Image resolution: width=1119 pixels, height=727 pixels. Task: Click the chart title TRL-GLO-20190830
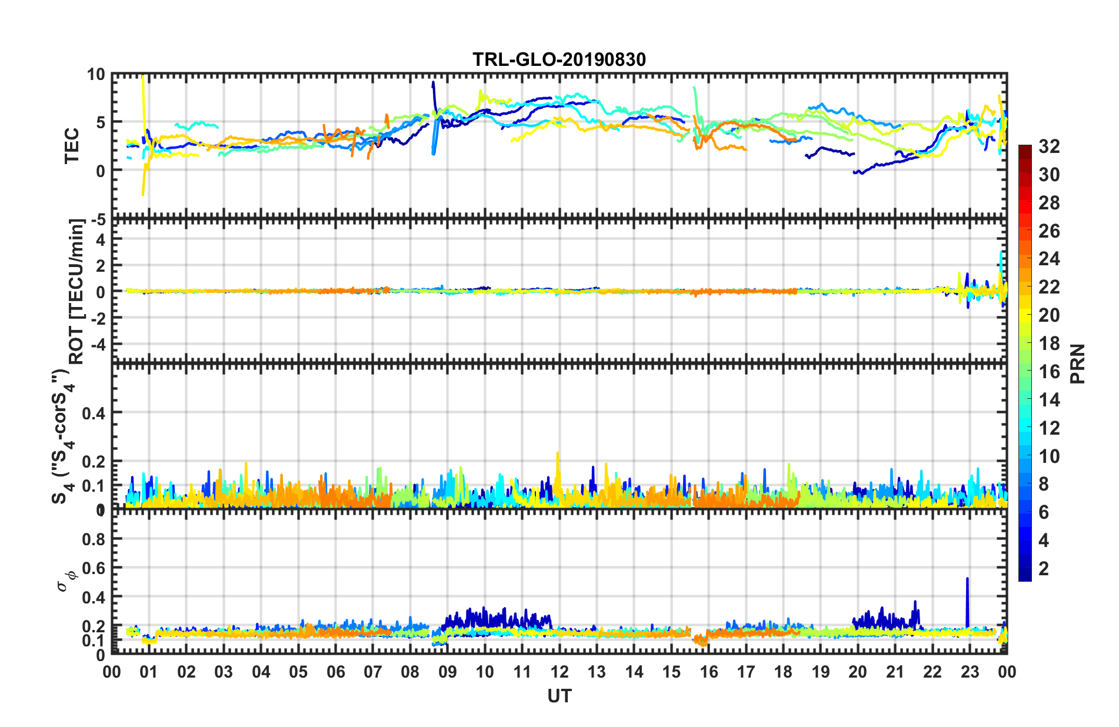(559, 59)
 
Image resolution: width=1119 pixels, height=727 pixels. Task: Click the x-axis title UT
(559, 696)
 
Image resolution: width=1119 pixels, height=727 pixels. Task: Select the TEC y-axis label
(72, 145)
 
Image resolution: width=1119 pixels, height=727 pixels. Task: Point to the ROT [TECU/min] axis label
(76, 292)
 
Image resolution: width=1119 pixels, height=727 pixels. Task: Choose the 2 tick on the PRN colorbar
(1044, 569)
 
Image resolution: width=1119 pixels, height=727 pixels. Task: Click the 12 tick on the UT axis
(559, 672)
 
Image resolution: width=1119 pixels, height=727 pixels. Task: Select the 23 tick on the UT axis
(970, 672)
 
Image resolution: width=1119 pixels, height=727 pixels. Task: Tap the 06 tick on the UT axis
(335, 672)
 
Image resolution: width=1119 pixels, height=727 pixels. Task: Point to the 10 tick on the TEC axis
(95, 75)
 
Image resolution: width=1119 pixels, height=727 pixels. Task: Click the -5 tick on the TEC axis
(97, 220)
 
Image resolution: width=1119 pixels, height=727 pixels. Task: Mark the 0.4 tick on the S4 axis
(94, 413)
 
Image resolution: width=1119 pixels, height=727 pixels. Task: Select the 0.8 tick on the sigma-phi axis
(94, 539)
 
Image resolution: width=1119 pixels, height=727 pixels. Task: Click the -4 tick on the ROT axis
(96, 344)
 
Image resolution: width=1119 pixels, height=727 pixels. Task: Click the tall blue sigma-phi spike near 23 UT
(967, 588)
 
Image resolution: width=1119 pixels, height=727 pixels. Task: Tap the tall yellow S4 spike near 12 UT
(557, 462)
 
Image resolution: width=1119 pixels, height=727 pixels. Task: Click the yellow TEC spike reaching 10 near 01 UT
(144, 88)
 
